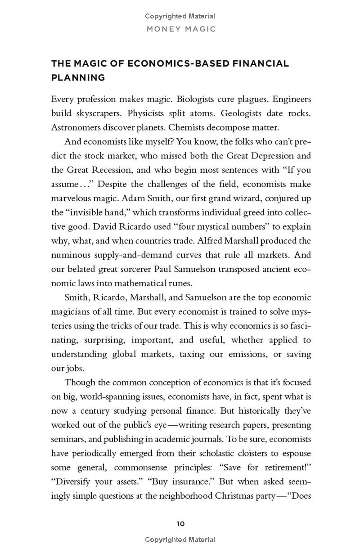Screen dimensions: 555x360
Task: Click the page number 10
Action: pos(180,523)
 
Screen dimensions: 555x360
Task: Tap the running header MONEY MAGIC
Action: pos(180,29)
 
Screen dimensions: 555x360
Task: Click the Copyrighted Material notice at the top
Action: pos(180,16)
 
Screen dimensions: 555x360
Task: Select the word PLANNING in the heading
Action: pos(78,77)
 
